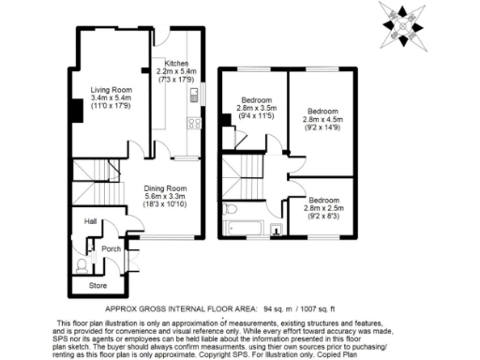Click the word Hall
(x=92, y=222)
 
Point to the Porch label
(x=111, y=248)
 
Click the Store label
(x=97, y=284)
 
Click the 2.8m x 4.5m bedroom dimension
(x=323, y=120)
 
